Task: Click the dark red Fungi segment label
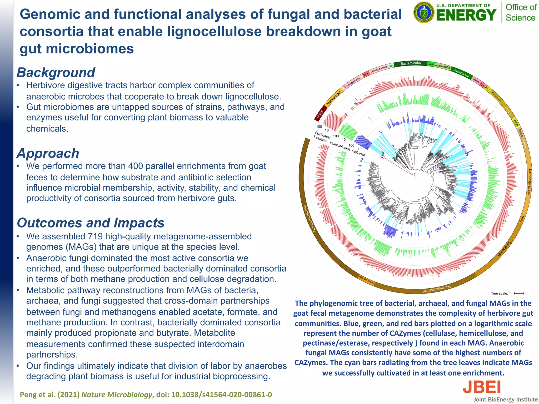(x=320, y=114)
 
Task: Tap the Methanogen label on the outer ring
(x=334, y=98)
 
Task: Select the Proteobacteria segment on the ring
(x=352, y=83)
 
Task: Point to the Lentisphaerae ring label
(x=378, y=69)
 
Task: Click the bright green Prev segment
(x=430, y=64)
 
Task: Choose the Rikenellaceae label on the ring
(x=461, y=72)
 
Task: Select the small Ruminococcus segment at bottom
(x=367, y=280)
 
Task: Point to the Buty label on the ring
(x=522, y=219)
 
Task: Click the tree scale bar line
(x=519, y=293)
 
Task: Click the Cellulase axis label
(x=358, y=153)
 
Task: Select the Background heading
(x=56, y=73)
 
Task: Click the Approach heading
(x=48, y=153)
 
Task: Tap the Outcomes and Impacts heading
(x=91, y=223)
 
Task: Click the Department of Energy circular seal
(x=424, y=13)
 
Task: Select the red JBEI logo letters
(x=481, y=387)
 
